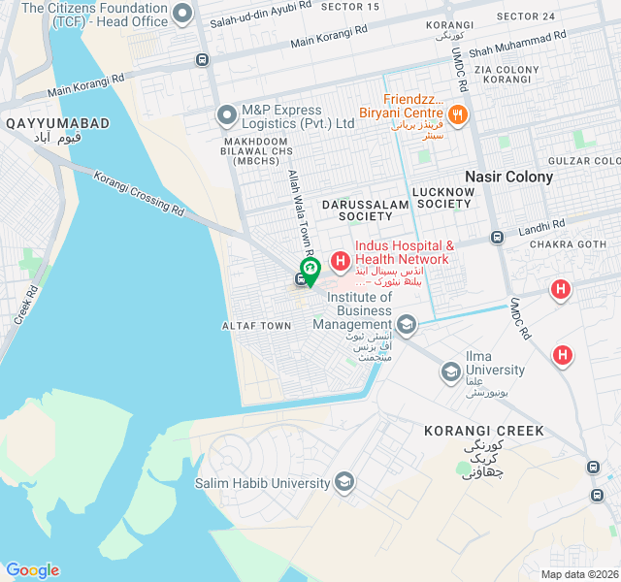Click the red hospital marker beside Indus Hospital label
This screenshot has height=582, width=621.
[341, 261]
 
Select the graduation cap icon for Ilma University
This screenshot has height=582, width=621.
[450, 371]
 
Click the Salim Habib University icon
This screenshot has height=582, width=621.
[343, 482]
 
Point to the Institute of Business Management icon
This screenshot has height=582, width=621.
[408, 325]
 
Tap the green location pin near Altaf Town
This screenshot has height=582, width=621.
[310, 270]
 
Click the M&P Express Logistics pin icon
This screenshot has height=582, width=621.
[227, 116]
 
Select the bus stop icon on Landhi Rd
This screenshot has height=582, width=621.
[497, 237]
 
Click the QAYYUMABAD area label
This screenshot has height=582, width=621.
[57, 124]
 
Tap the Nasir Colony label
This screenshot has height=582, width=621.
[508, 177]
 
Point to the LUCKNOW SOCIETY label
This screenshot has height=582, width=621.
[445, 198]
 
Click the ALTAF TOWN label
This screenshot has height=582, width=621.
[256, 326]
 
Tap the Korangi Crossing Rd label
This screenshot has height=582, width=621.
[139, 192]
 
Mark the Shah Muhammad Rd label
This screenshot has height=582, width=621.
[517, 43]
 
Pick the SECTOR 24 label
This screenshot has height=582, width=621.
[525, 16]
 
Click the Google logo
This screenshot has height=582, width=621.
[32, 570]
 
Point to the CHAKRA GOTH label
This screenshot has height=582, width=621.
[569, 244]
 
